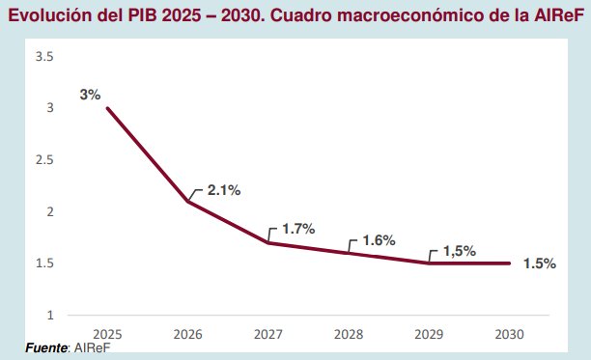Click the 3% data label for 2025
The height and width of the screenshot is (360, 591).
pos(91,95)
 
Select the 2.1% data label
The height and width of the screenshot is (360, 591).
pos(223,190)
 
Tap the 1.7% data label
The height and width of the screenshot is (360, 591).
pos(298,230)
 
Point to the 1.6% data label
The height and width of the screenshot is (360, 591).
pos(379,240)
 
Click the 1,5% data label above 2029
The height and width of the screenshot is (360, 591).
pos(459,251)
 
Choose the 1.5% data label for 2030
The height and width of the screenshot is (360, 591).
pos(539,263)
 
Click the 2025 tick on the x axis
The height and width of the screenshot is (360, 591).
pos(107,334)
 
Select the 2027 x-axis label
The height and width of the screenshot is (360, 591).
pos(267,334)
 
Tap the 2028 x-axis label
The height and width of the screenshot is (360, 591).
pos(349,334)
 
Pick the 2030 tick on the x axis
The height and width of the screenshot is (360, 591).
pos(509,334)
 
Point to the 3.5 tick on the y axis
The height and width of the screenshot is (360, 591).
pos(44,57)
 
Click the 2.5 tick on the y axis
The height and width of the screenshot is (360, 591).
pos(44,160)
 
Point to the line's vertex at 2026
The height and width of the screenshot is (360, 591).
pos(187,201)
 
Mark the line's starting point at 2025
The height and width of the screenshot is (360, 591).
pos(107,108)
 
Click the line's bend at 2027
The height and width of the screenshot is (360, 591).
pos(267,242)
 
